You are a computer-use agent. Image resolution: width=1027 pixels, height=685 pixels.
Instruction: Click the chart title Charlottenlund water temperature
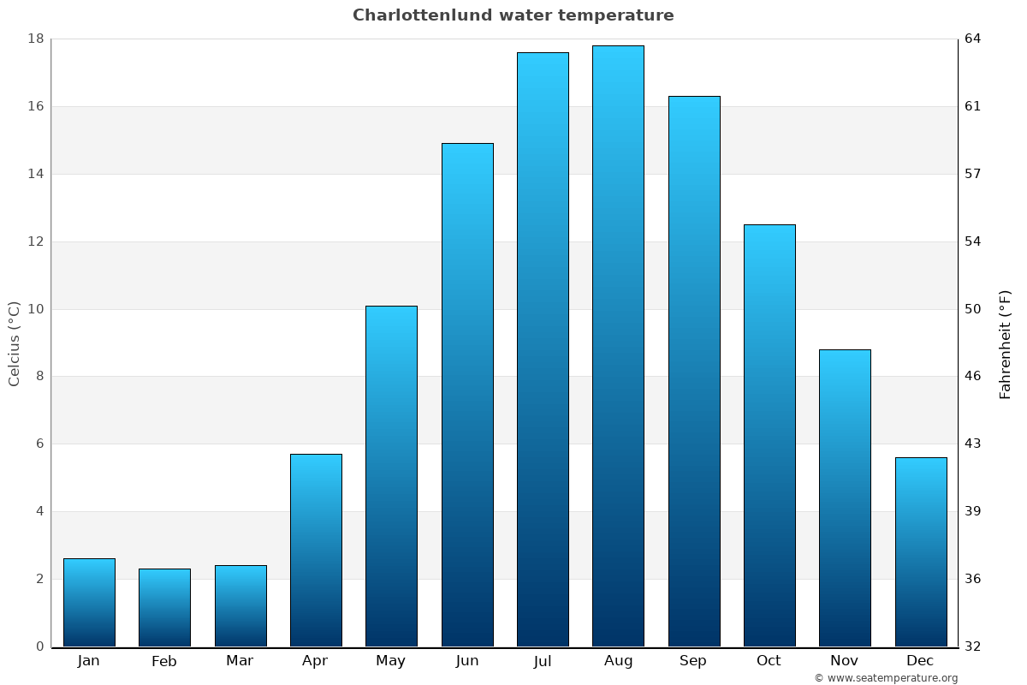(513, 15)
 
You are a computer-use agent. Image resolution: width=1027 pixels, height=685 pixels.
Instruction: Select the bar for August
(618, 346)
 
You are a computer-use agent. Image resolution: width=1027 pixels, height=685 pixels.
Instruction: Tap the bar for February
(164, 607)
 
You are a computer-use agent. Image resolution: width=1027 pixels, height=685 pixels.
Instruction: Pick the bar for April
(316, 550)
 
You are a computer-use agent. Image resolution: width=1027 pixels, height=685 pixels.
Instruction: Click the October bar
(769, 435)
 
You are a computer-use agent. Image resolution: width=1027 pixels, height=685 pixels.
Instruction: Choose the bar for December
(921, 551)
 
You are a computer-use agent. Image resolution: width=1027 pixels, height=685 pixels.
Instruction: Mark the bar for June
(467, 395)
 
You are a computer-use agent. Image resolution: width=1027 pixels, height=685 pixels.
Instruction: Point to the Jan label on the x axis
(88, 661)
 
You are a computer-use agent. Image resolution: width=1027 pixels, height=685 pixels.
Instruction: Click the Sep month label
(693, 661)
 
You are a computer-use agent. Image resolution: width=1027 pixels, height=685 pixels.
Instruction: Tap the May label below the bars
(391, 661)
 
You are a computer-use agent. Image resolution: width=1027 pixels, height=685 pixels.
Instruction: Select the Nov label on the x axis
(845, 661)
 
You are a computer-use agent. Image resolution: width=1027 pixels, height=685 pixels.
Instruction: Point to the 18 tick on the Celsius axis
(36, 39)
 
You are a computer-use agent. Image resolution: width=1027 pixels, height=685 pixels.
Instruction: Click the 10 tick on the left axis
(36, 309)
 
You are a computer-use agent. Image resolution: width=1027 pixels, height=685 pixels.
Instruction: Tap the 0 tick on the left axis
(39, 646)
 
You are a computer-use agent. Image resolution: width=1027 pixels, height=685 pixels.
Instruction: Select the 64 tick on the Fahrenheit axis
(973, 39)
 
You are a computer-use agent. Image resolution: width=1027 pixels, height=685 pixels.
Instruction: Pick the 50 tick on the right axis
(973, 309)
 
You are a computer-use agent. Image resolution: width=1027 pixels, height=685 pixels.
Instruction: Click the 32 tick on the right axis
(973, 646)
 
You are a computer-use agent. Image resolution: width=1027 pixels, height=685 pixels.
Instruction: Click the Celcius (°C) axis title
(14, 343)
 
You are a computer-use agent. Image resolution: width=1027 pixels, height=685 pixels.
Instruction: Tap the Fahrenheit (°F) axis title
(1006, 343)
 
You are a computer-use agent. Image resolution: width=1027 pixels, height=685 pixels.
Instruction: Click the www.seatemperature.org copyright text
(886, 678)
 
